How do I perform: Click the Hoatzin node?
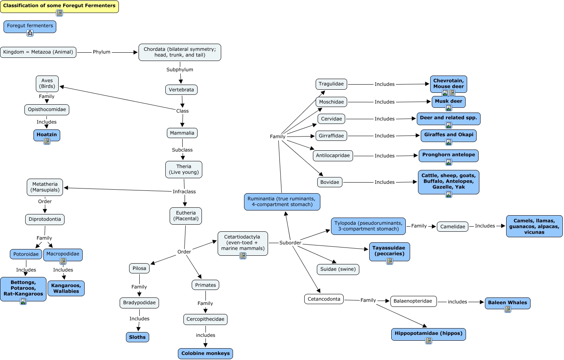coord(47,135)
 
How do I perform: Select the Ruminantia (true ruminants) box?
coord(282,202)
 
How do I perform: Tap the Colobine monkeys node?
coord(205,353)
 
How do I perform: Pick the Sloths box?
coord(137,337)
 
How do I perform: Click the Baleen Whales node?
coord(507,303)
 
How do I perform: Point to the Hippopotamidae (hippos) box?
coord(428,334)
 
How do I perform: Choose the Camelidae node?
coord(453,227)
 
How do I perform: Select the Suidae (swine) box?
coord(338,270)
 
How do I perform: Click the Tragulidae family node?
coord(331,84)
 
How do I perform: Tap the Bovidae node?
coord(330,182)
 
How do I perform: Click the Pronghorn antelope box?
coord(448,155)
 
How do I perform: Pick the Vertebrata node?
coord(181,90)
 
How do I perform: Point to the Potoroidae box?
coord(26,254)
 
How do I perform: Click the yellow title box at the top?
coord(59,6)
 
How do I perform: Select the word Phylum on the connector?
coord(102,52)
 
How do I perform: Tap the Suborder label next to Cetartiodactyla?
coord(290,243)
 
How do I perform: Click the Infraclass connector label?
coord(184,192)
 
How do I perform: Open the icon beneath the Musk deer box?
coord(448,108)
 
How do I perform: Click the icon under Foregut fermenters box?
coord(30,33)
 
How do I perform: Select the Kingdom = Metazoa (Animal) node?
coord(38,52)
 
